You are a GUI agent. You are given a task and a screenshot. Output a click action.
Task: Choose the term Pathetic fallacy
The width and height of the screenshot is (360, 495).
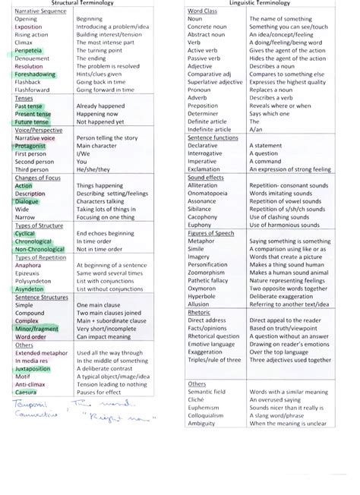click(209, 280)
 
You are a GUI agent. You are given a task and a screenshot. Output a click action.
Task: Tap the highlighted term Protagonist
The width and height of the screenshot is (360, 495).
click(30, 145)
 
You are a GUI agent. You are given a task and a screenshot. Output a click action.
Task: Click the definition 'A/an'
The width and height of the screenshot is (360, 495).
click(254, 129)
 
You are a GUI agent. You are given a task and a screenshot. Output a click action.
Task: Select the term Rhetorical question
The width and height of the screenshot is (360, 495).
click(213, 336)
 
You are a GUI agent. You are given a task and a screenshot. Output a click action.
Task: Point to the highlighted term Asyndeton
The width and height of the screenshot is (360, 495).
click(29, 289)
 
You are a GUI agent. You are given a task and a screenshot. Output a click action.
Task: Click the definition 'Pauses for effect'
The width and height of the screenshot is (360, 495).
click(99, 392)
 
